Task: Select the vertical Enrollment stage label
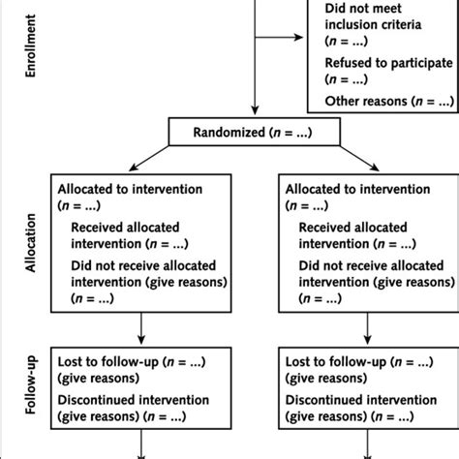30,46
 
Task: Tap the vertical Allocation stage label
30,243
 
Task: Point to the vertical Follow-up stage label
31,385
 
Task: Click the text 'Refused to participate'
388,63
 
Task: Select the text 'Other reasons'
366,101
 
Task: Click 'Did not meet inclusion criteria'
373,16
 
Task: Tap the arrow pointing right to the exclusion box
279,37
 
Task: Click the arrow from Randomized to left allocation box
149,158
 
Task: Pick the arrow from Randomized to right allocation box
359,158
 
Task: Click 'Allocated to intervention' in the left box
130,189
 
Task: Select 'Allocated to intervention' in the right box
357,189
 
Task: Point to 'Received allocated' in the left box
125,228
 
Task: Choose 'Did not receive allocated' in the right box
371,265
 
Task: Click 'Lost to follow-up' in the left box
108,362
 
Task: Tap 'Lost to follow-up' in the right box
336,362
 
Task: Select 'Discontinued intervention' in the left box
134,400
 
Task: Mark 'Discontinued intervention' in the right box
361,400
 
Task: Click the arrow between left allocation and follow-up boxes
141,328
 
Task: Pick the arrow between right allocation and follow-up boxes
367,328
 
